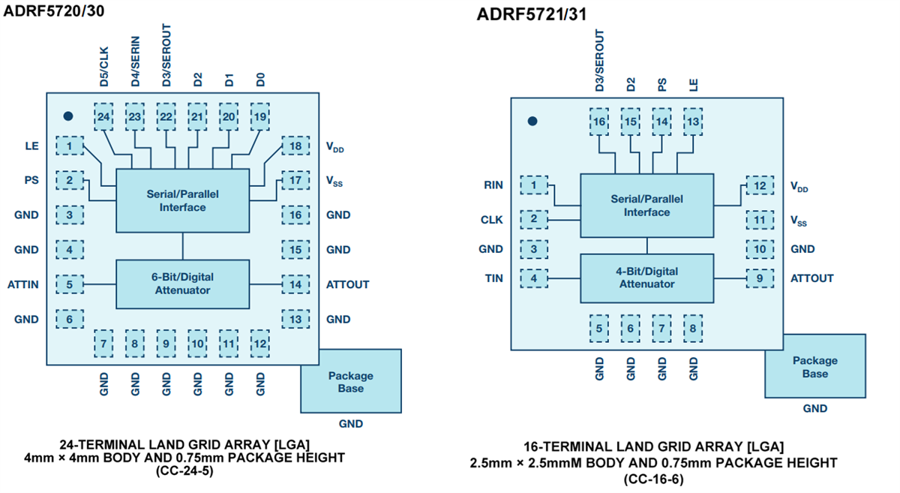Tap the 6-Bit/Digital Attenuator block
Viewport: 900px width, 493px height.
pos(182,284)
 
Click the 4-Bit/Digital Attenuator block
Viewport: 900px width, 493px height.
pos(646,278)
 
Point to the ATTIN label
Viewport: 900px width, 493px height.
pos(23,284)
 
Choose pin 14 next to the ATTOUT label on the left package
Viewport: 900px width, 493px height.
pos(295,284)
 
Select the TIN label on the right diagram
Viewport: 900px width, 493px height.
pos(493,278)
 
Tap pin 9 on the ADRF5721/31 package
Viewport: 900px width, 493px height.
pos(760,278)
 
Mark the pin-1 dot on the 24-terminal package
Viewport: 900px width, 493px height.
pos(68,116)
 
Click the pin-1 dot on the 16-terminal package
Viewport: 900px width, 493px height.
pos(532,121)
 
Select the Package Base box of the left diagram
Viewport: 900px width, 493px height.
pos(350,381)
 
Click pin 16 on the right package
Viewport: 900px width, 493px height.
pos(599,122)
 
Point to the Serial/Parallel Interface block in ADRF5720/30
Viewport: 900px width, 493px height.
pos(182,200)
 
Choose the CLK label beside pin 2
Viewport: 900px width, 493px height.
pos(492,220)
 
